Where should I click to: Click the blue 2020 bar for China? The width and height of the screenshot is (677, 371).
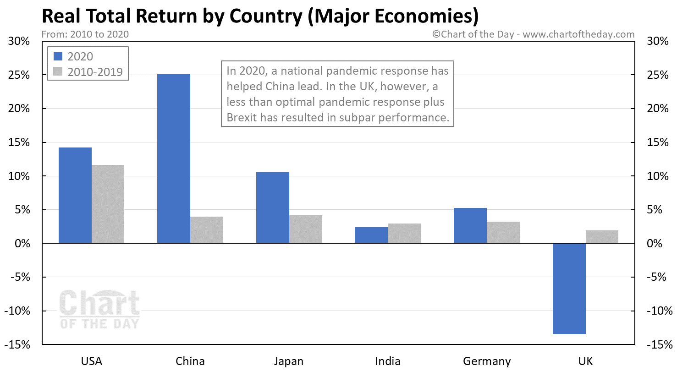(174, 158)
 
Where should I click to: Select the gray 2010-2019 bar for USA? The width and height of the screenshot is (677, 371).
(108, 204)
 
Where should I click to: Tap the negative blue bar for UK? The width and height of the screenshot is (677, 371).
(569, 289)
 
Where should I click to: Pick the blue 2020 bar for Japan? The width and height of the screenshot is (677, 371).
(273, 207)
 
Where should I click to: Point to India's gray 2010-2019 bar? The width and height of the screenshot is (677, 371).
(404, 233)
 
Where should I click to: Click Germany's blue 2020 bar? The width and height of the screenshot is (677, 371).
(470, 225)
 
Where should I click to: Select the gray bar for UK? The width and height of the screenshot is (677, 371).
(602, 237)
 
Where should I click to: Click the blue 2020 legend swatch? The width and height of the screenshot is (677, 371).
(58, 56)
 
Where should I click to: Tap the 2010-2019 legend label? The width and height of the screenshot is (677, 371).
(95, 72)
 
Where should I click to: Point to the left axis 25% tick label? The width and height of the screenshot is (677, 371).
(19, 75)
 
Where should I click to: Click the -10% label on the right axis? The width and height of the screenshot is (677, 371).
(660, 311)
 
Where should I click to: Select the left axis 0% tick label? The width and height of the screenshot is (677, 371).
(22, 243)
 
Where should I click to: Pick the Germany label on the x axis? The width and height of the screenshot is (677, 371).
(487, 361)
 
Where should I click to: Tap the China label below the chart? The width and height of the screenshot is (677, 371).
(190, 361)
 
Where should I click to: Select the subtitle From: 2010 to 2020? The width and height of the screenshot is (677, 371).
(85, 34)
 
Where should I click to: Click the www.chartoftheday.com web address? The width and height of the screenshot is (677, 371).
(578, 34)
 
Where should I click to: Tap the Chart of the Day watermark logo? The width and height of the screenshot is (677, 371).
(99, 309)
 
